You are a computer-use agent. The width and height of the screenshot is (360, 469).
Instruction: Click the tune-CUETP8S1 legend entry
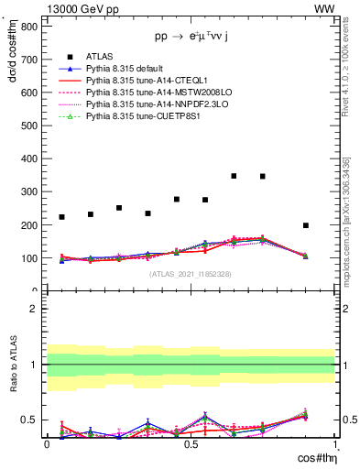(x=137, y=116)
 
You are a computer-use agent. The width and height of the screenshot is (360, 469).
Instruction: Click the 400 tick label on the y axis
(x=27, y=158)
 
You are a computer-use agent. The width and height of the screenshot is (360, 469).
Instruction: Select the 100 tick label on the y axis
(x=27, y=258)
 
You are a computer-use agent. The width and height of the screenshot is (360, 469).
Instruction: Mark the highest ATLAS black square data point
(x=235, y=176)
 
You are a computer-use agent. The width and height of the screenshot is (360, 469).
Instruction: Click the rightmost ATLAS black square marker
(x=306, y=225)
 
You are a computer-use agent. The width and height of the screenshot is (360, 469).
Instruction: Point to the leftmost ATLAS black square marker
(x=61, y=217)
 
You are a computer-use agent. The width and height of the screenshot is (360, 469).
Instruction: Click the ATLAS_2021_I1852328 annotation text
(x=190, y=274)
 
